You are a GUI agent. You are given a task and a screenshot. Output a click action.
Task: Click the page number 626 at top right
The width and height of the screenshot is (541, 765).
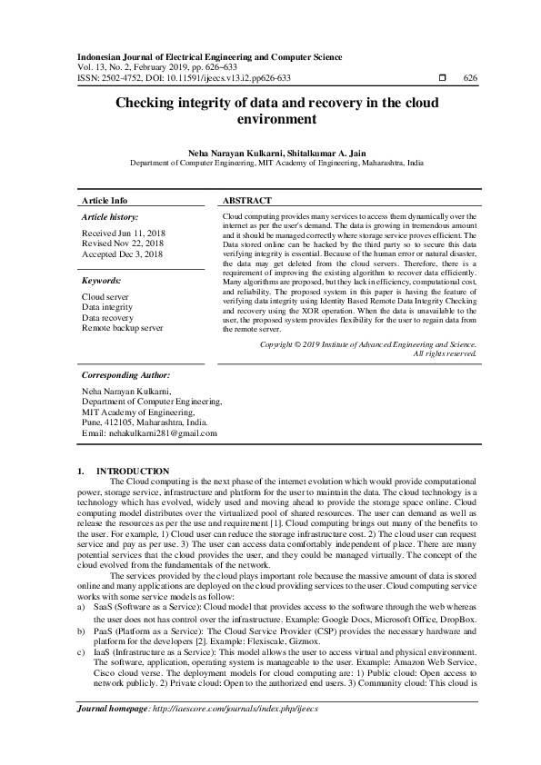tap(470, 78)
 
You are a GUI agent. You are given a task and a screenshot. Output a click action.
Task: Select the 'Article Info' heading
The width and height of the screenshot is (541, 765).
tap(105, 200)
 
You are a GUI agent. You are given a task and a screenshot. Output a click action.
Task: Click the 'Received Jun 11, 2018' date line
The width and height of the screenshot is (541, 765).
tap(123, 233)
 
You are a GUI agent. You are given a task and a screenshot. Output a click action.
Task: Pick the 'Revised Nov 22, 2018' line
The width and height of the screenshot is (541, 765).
tap(123, 244)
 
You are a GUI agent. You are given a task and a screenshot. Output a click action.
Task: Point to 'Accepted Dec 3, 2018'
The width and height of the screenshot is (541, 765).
tap(121, 255)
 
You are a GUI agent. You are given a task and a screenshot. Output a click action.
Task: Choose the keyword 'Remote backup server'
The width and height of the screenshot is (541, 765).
tap(123, 328)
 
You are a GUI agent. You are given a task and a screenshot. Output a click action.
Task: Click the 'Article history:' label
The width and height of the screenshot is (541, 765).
tap(110, 218)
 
